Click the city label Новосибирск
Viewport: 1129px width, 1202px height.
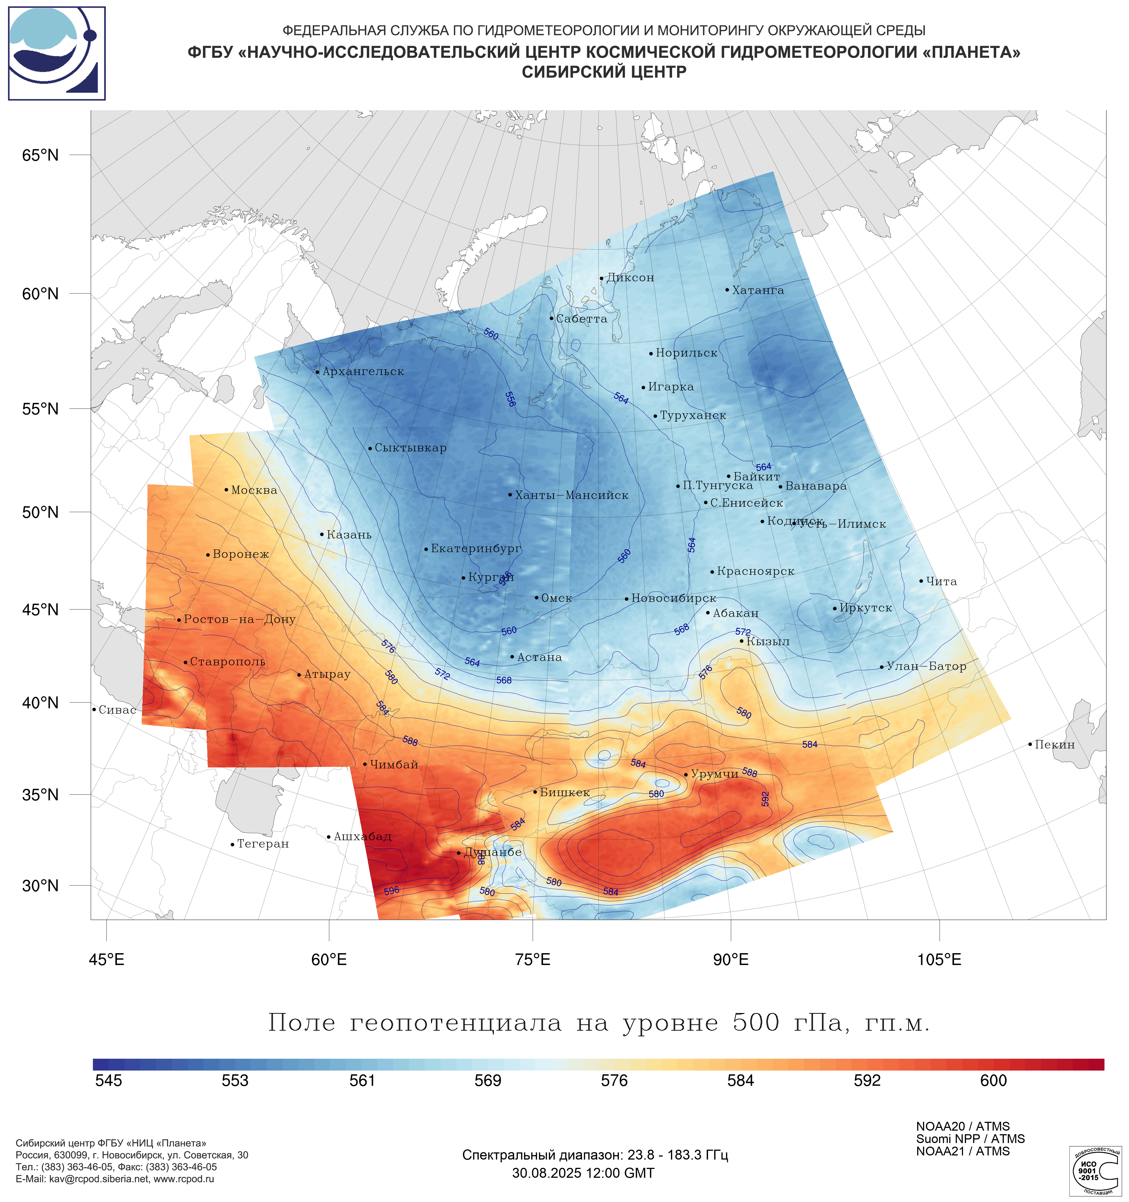coord(674,598)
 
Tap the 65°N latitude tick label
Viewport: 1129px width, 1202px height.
coord(41,155)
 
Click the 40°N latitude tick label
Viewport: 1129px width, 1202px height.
coord(41,703)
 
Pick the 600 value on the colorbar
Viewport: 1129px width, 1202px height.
coord(994,1080)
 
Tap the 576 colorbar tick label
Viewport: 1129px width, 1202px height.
coord(614,1080)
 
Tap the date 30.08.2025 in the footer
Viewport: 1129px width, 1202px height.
coord(544,1173)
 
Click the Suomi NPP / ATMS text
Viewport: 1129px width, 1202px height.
coord(970,1139)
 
